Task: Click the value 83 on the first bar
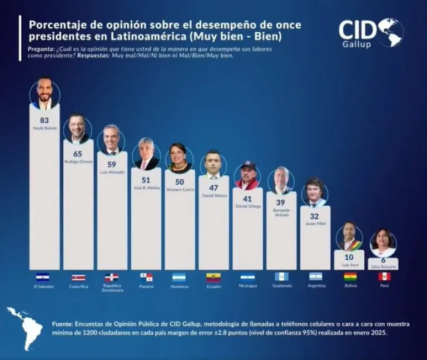44,120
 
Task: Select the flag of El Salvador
43,277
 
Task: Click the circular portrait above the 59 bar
112,140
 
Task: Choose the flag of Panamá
146,277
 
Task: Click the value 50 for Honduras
180,181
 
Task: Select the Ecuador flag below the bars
213,277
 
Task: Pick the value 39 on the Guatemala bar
281,203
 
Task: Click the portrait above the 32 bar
315,192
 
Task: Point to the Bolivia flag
350,277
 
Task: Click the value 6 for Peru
383,260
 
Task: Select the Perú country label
384,286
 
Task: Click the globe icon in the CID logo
390,32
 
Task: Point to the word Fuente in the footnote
62,323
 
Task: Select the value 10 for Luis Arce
349,257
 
